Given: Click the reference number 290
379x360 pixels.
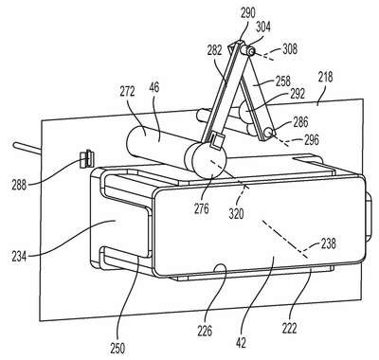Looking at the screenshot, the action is (248, 14).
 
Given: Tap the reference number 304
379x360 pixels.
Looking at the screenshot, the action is (262, 27).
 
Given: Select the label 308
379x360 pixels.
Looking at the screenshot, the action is (290, 49).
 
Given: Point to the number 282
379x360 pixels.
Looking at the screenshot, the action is (215, 51).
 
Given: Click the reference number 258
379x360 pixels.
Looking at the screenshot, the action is (282, 81).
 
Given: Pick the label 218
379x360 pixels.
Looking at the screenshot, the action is (325, 77).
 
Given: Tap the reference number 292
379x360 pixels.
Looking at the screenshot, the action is (297, 94).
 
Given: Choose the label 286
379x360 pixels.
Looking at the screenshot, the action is (300, 122).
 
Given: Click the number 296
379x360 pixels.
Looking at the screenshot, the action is (311, 139).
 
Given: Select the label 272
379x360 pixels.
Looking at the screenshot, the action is (127, 92).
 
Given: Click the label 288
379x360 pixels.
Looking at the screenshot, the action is (19, 185).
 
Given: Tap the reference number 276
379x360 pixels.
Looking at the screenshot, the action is (202, 208).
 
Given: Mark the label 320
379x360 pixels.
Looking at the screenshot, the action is (236, 214).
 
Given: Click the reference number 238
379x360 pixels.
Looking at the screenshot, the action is (328, 243).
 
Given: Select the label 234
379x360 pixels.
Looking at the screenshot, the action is (20, 255).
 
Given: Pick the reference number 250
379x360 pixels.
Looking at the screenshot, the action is (117, 349).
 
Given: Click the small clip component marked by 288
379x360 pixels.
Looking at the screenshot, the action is (87, 159).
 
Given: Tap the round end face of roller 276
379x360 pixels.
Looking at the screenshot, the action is (209, 160).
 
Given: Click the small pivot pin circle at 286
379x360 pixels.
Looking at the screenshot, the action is (269, 133).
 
